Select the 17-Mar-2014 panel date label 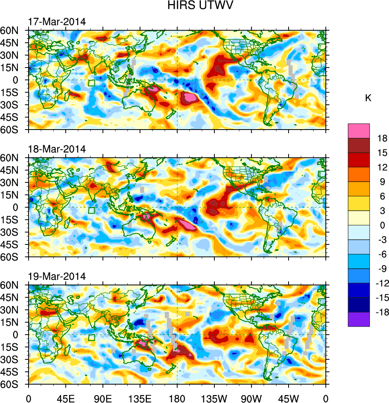pos(57,21)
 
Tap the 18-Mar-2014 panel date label pos(57,149)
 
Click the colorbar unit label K pos(368,98)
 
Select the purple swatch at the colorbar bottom pos(359,320)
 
